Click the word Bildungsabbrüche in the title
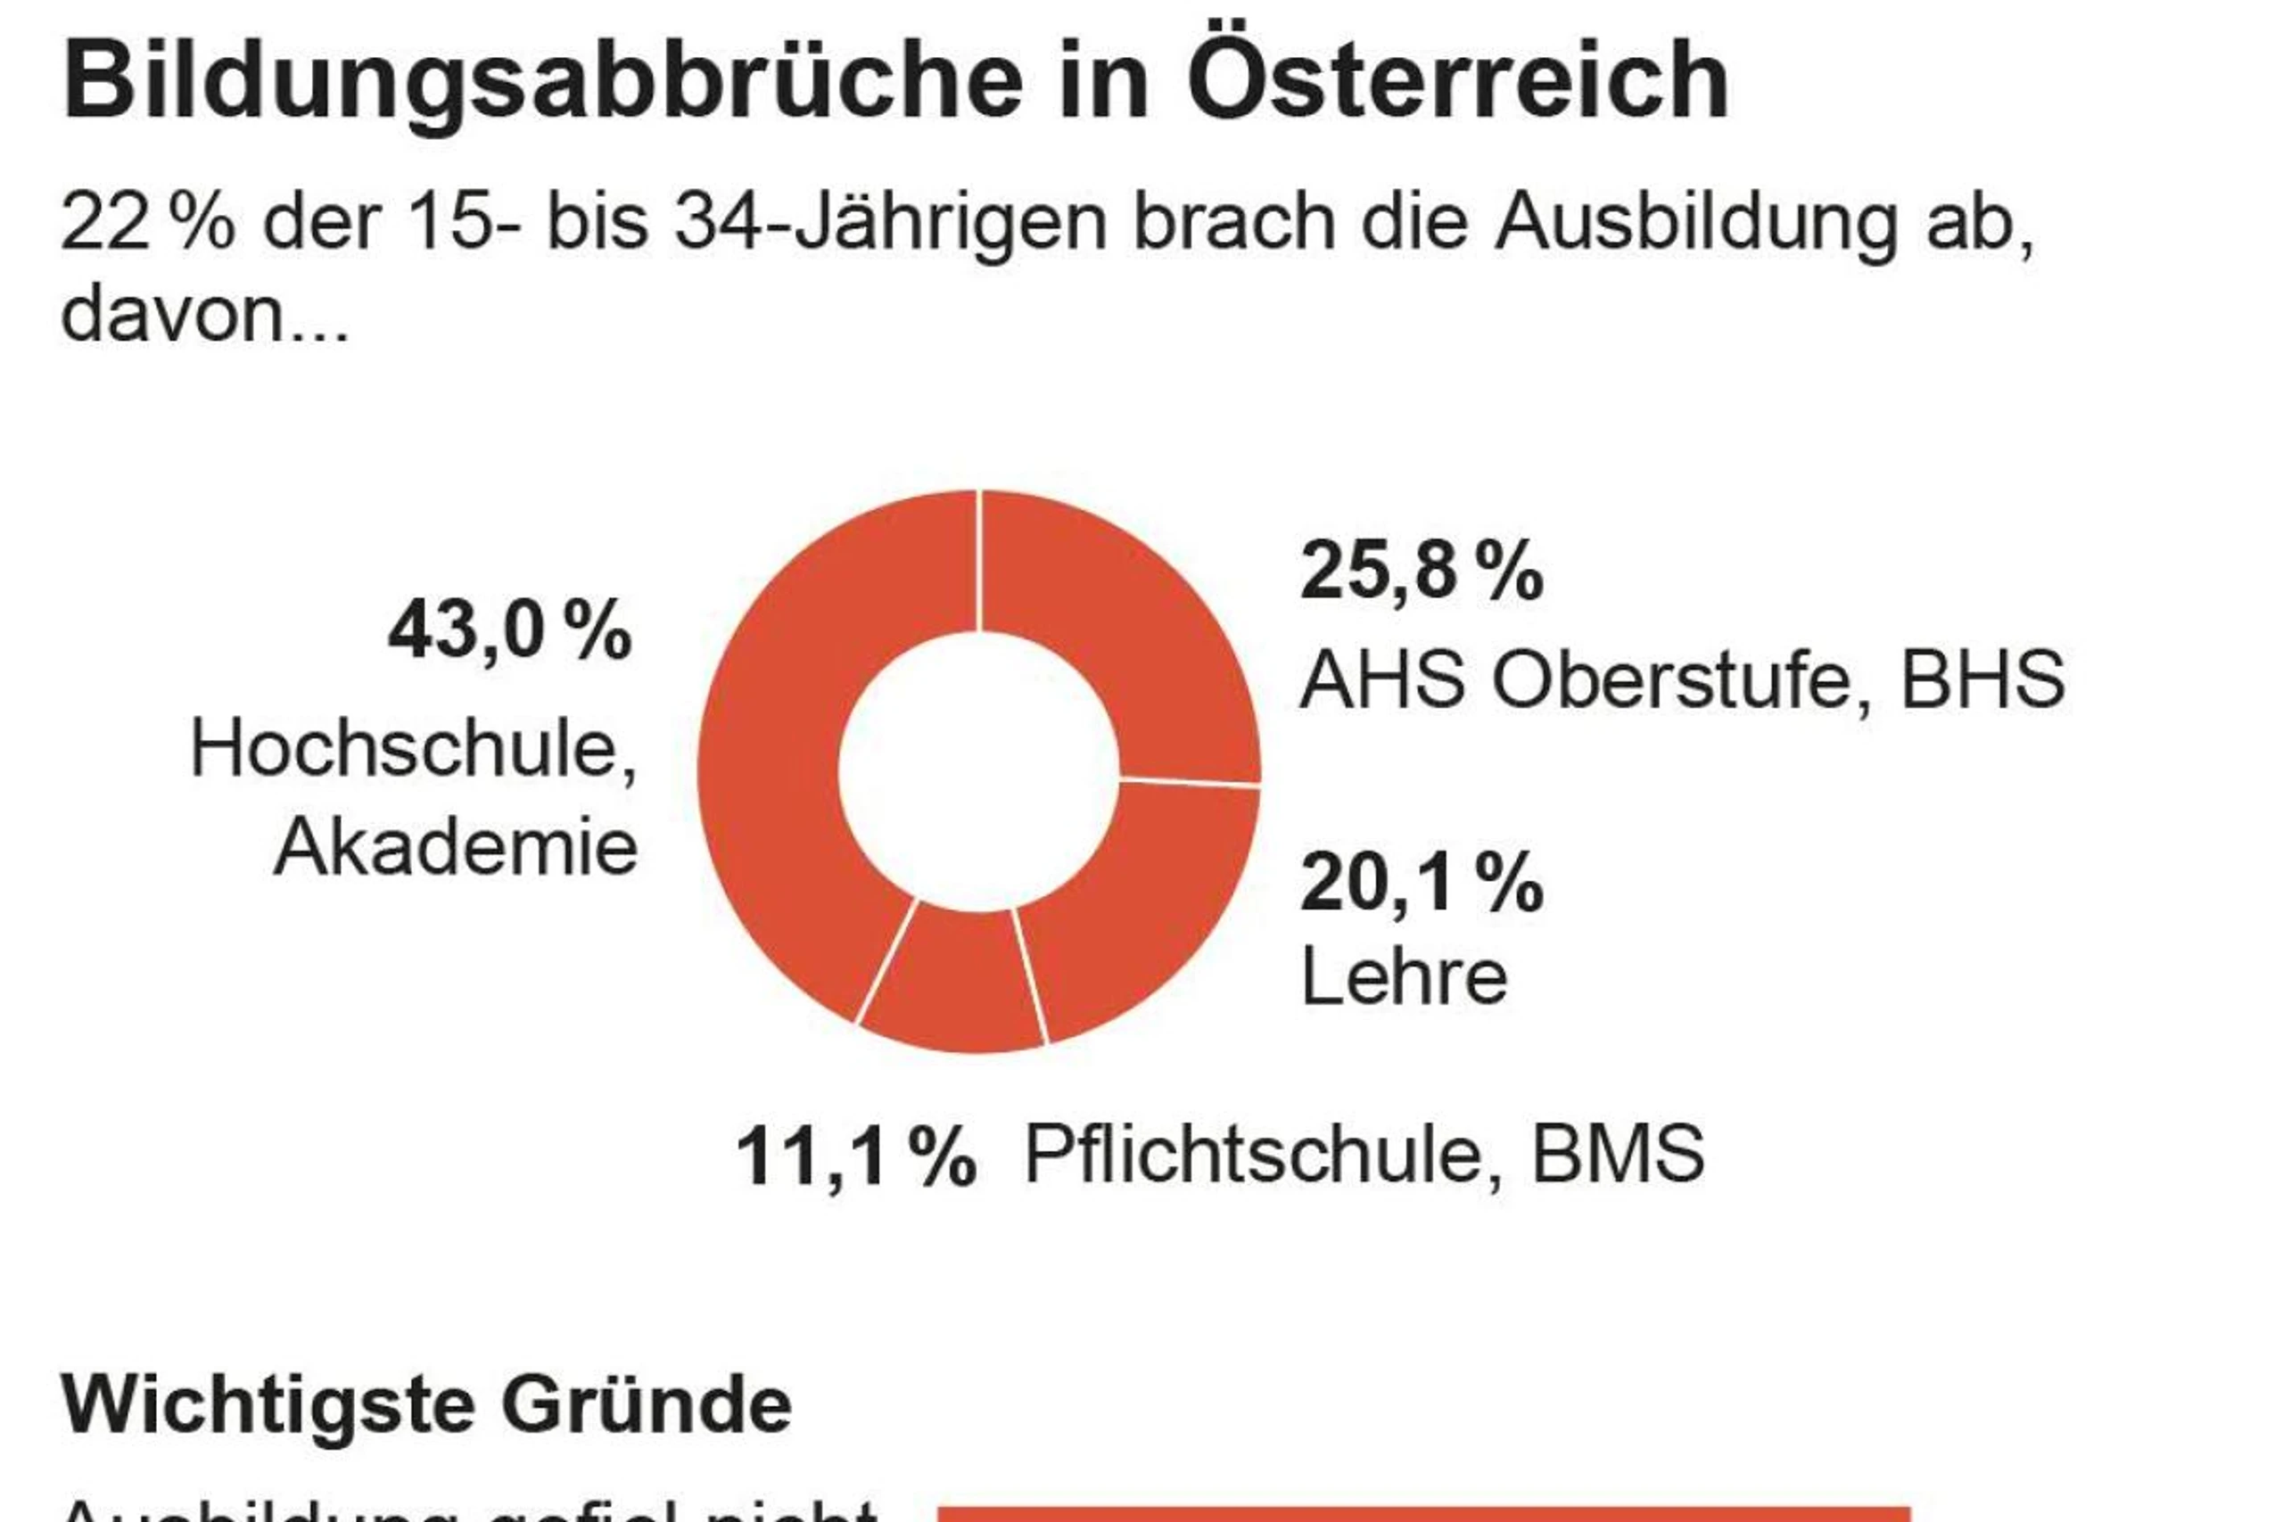point(544,83)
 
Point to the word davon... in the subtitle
point(204,316)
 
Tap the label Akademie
point(457,847)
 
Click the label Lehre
point(1404,976)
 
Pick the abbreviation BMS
point(1617,1155)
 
